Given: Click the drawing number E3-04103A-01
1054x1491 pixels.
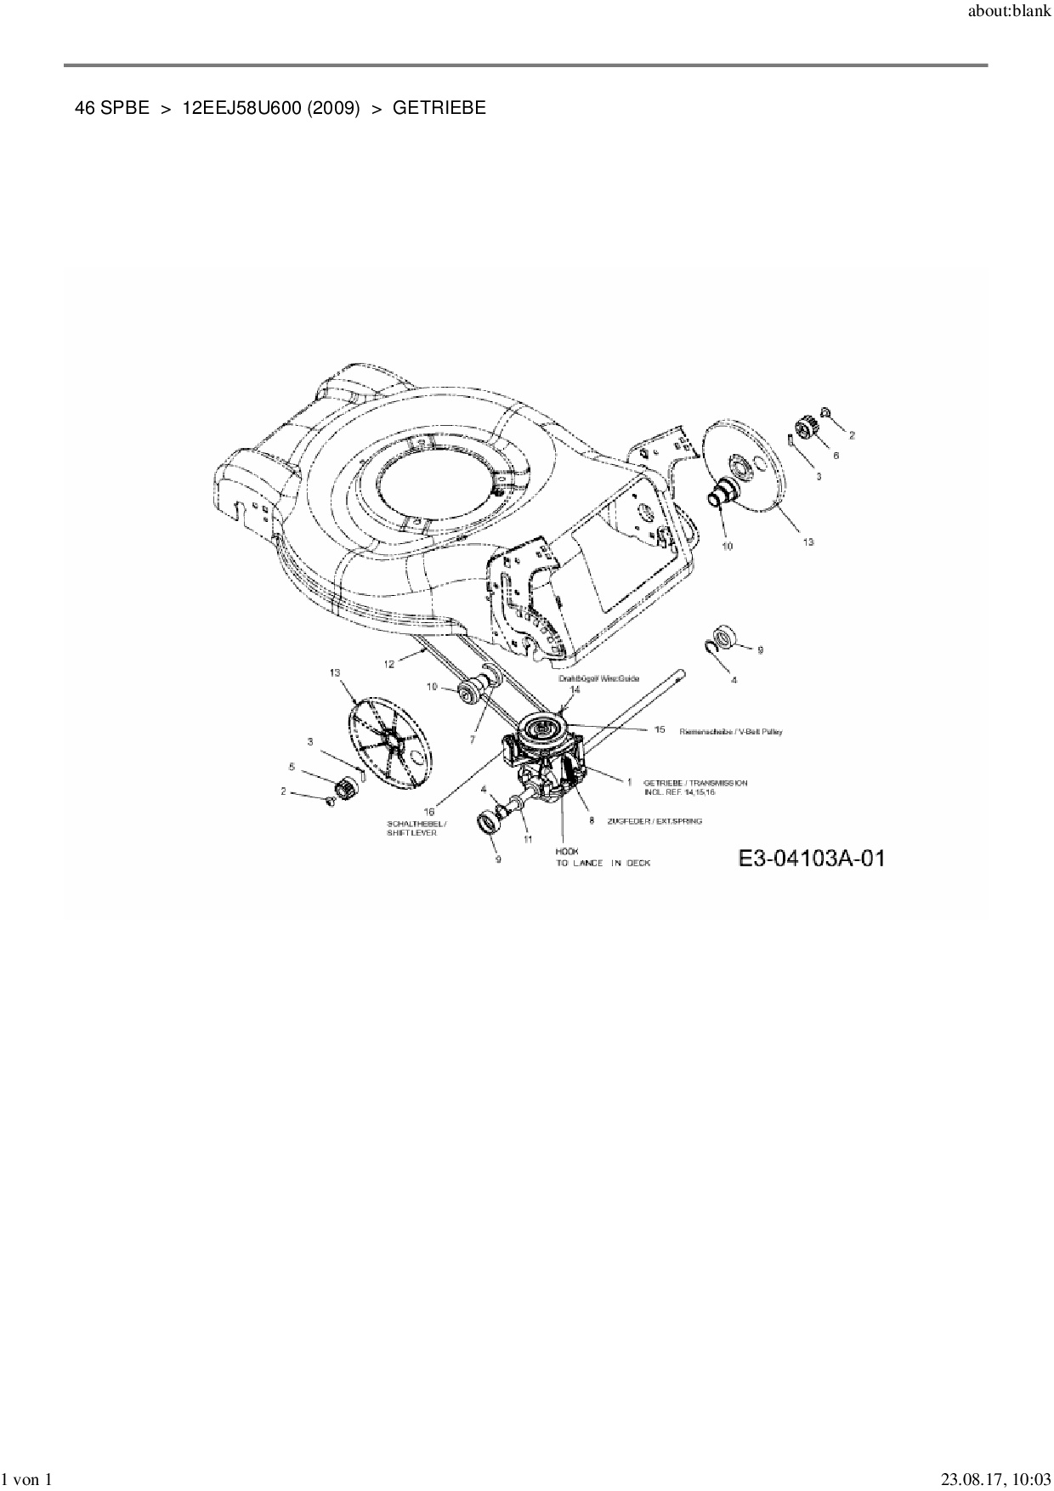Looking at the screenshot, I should [x=812, y=859].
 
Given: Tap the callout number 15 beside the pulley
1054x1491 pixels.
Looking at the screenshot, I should [x=659, y=729].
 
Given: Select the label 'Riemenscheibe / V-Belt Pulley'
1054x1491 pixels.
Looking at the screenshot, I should [x=731, y=731].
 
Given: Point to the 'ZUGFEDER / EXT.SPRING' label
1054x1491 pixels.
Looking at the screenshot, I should [x=654, y=821].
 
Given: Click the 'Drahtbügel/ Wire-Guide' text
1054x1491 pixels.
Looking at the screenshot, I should [x=598, y=678].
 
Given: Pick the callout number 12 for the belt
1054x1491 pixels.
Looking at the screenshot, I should [x=389, y=664].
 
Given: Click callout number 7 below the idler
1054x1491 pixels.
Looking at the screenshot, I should [x=473, y=740].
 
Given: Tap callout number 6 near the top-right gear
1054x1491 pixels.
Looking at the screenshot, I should [x=836, y=456].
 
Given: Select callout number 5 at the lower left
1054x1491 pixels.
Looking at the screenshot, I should [x=292, y=767].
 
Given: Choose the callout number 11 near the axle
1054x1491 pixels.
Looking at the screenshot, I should [x=527, y=839].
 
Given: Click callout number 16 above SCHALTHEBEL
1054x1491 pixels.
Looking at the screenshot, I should [x=429, y=812].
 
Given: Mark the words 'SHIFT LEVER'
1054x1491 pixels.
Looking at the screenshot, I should [x=411, y=833].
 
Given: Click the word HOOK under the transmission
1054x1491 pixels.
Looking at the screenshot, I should [x=567, y=851].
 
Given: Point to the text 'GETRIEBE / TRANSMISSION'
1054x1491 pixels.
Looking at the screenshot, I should [x=695, y=782].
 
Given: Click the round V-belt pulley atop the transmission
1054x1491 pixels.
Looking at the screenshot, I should [x=541, y=728].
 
